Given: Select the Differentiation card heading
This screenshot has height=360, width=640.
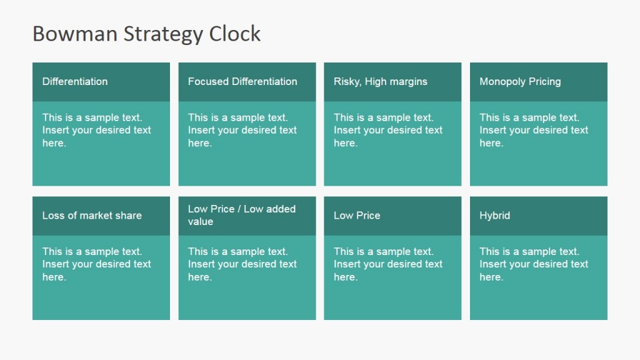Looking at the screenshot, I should (75, 81).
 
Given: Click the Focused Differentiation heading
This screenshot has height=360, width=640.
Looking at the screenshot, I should (242, 81).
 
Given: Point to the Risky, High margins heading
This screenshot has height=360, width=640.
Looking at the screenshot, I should (381, 81).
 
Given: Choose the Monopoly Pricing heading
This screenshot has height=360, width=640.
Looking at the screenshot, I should (520, 81).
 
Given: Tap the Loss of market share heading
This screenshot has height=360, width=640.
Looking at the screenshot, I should (92, 216).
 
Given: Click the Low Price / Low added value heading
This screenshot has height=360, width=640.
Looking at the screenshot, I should (242, 215).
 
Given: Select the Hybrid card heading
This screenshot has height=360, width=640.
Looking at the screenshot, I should (495, 216).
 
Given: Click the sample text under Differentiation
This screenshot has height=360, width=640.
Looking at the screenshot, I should (97, 130).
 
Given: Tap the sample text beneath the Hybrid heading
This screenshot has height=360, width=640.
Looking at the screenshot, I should (534, 264).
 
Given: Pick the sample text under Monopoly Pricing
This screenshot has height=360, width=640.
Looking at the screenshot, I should (534, 130).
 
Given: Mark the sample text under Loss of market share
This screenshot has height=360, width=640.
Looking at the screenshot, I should (97, 264).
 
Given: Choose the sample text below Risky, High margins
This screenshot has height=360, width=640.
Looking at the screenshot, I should (388, 130).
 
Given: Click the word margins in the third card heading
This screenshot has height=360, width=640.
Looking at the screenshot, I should (408, 81).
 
